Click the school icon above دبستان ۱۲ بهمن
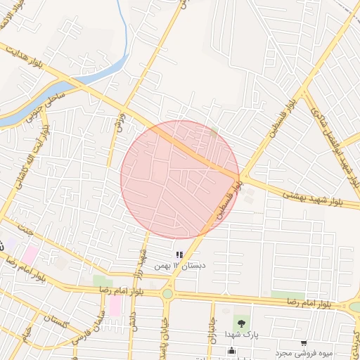pos(179,254)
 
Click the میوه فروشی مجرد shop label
pos(303,354)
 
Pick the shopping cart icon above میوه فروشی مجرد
pos(303,343)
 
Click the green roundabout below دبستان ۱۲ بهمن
pos(167,294)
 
